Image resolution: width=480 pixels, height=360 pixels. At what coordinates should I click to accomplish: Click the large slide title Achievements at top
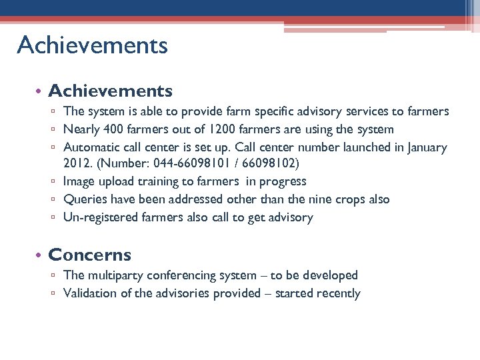[x=92, y=45]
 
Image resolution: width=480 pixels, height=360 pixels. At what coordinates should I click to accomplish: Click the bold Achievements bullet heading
[x=111, y=91]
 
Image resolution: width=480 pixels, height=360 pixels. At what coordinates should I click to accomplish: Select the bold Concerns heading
[x=90, y=255]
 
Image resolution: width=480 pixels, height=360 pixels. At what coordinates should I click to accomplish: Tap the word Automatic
[x=91, y=147]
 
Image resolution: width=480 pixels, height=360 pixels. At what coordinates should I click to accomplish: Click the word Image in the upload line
[x=79, y=181]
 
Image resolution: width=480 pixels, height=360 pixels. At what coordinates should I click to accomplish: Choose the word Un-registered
[x=100, y=217]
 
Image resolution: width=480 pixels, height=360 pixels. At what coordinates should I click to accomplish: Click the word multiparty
[x=114, y=275]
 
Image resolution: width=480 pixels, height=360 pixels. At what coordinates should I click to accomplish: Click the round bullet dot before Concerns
[x=41, y=255]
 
